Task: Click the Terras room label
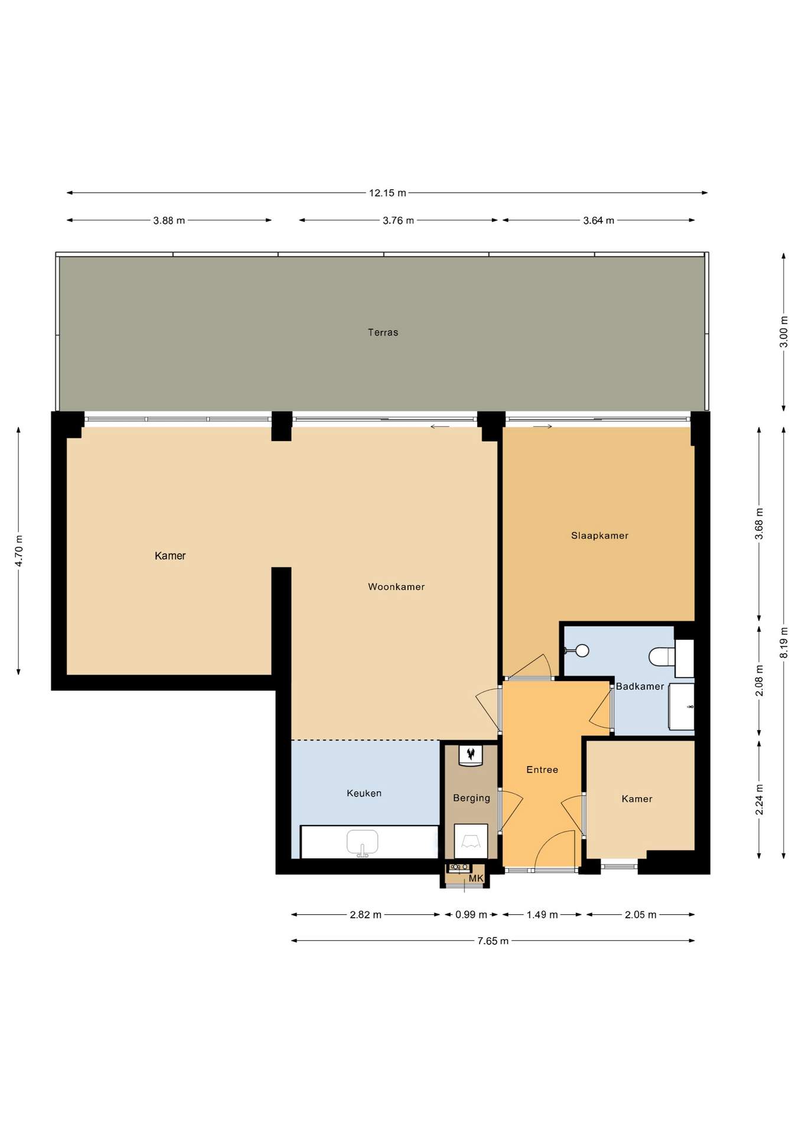tap(383, 333)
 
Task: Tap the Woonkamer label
tap(396, 586)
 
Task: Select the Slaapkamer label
tap(599, 536)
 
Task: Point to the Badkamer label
tap(640, 686)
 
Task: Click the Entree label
tap(542, 770)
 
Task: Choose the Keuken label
tap(364, 793)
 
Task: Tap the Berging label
tap(471, 798)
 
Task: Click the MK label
tap(476, 878)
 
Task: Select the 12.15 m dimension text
tap(387, 193)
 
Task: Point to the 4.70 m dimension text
tap(19, 550)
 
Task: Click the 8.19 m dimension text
tap(784, 643)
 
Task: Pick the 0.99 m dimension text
tap(471, 915)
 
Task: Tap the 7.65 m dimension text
tap(493, 941)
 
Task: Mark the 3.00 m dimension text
tap(784, 331)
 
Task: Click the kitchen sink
tap(362, 843)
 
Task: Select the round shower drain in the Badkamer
tap(582, 651)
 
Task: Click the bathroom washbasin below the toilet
tap(682, 707)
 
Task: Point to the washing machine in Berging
tap(471, 841)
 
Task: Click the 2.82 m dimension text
tap(366, 915)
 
